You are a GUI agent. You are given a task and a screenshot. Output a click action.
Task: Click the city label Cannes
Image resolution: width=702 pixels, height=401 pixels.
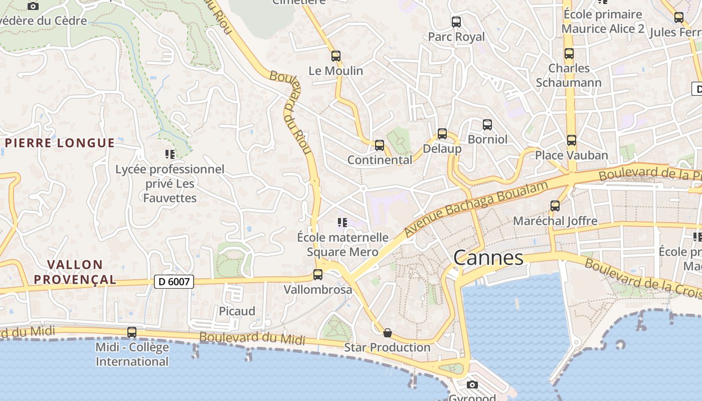pyautogui.click(x=488, y=258)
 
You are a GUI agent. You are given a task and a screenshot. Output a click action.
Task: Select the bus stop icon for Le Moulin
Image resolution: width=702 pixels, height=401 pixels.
pyautogui.click(x=336, y=56)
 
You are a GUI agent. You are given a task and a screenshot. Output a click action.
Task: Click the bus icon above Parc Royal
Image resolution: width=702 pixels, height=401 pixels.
pyautogui.click(x=456, y=22)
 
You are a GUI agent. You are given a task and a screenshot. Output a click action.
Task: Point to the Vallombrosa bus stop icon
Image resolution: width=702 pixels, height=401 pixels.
pyautogui.click(x=317, y=275)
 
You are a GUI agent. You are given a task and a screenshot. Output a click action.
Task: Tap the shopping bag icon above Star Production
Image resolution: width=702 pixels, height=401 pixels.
pyautogui.click(x=387, y=332)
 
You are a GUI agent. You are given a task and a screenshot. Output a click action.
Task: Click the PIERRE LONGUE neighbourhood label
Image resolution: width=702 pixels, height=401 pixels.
pyautogui.click(x=60, y=143)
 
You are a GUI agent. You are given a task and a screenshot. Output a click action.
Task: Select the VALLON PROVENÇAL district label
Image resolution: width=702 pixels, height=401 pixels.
pyautogui.click(x=75, y=272)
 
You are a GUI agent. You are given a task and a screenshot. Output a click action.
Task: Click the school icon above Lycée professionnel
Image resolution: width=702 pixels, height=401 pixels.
pyautogui.click(x=169, y=154)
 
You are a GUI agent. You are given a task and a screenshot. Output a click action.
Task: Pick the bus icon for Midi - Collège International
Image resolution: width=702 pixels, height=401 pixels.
pyautogui.click(x=132, y=332)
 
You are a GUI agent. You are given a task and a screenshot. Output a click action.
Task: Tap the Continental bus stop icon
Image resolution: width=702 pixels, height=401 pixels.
pyautogui.click(x=380, y=145)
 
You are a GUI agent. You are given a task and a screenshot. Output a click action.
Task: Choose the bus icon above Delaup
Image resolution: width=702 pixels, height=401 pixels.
pyautogui.click(x=442, y=134)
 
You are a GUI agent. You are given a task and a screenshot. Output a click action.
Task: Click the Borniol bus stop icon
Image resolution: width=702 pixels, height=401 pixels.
pyautogui.click(x=487, y=124)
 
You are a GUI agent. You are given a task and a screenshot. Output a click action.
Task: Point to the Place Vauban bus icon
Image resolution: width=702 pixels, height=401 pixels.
pyautogui.click(x=571, y=140)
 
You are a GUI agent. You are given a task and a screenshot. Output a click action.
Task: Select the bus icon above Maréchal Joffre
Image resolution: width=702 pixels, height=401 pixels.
pyautogui.click(x=555, y=206)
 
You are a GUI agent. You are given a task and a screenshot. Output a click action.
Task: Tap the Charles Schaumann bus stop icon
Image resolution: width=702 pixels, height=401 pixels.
pyautogui.click(x=569, y=54)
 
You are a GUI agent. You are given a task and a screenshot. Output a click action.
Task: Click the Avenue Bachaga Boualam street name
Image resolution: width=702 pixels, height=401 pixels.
pyautogui.click(x=476, y=209)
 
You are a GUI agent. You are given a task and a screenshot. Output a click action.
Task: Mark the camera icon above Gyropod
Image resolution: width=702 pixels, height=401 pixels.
pyautogui.click(x=472, y=385)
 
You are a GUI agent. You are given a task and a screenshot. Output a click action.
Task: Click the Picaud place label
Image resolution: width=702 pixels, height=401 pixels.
pyautogui.click(x=237, y=311)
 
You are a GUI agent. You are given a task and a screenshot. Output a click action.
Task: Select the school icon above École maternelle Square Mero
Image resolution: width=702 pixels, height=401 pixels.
pyautogui.click(x=342, y=222)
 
